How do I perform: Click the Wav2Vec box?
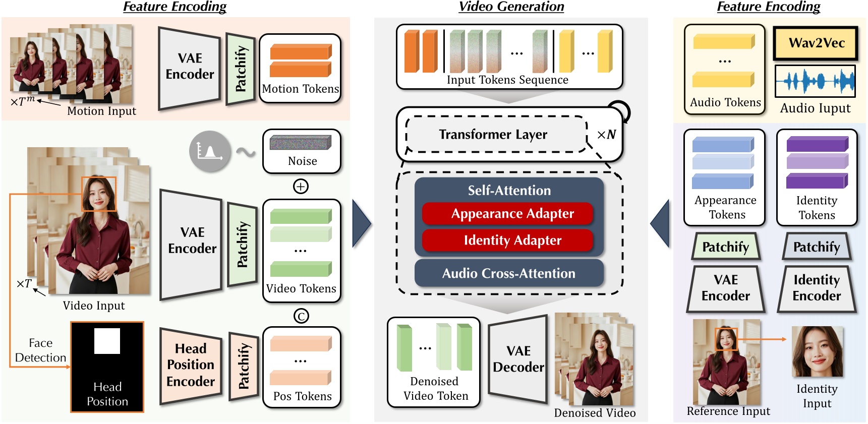click(x=816, y=43)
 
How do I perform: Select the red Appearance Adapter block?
click(x=508, y=214)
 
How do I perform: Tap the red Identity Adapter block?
click(x=508, y=240)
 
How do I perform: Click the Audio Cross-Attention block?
click(x=508, y=273)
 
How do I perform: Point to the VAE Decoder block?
click(x=518, y=359)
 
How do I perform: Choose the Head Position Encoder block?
click(x=191, y=365)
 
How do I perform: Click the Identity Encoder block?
click(x=816, y=288)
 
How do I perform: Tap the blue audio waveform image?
click(x=815, y=81)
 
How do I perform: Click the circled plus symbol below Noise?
click(x=301, y=187)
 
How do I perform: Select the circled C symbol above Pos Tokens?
click(x=301, y=316)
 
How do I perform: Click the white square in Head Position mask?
click(x=107, y=341)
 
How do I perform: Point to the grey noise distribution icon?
click(x=210, y=151)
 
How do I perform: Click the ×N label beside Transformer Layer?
click(x=606, y=135)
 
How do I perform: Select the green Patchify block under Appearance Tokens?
click(x=725, y=247)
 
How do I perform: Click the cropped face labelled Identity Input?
click(x=817, y=351)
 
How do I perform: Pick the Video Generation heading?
click(x=511, y=7)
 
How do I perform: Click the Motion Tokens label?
click(x=300, y=89)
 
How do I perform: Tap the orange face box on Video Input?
click(x=99, y=194)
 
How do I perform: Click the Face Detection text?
click(x=40, y=350)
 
